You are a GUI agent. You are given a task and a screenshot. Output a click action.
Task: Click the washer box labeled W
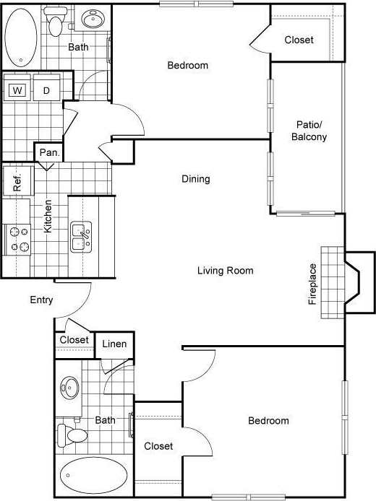17,90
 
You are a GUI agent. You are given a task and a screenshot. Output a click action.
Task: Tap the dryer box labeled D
46,90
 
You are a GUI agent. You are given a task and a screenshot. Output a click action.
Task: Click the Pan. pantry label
49,152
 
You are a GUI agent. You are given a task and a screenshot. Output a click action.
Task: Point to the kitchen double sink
81,237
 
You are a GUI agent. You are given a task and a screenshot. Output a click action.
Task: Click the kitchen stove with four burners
17,240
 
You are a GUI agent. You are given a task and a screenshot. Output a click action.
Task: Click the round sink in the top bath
92,19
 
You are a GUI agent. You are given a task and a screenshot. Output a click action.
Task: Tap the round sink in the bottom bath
70,388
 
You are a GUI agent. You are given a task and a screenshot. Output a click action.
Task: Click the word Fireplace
313,284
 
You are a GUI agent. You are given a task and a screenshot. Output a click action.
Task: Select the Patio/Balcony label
309,131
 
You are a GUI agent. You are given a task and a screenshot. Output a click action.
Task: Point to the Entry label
42,300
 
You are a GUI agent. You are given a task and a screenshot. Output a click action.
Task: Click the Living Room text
226,271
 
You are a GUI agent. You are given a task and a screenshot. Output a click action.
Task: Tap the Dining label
195,179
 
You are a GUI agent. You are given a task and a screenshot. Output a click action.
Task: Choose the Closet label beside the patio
299,40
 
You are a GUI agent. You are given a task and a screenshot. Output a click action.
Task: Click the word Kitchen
48,216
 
